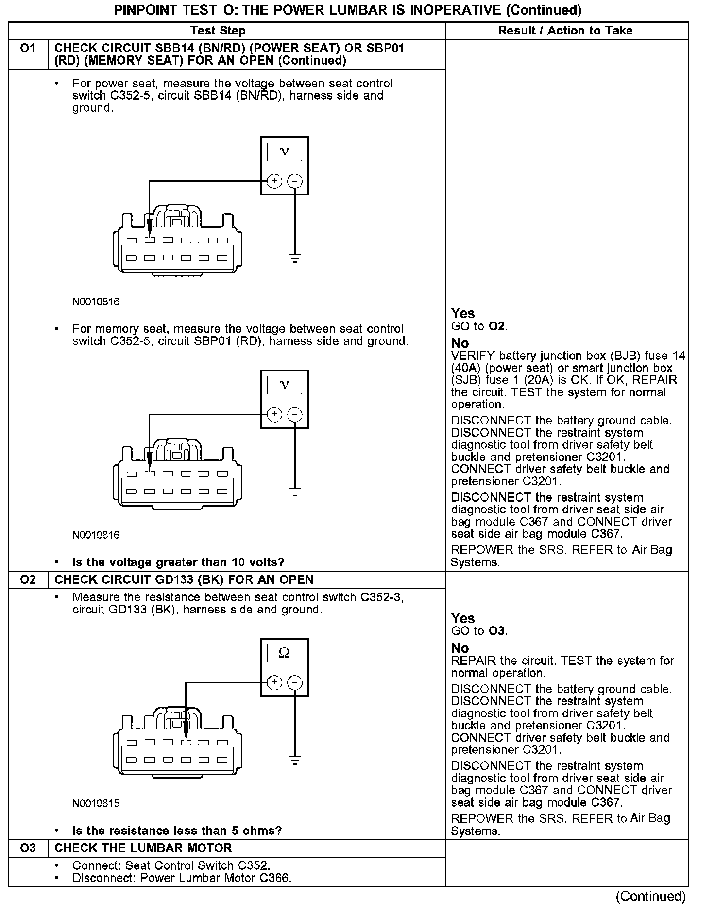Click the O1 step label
coord(28,49)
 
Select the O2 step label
coord(28,579)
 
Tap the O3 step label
coord(28,848)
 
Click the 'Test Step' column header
coord(218,31)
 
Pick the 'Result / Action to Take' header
coord(565,31)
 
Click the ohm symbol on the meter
coord(284,653)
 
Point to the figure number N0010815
coord(96,803)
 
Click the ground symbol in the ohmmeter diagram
coord(294,760)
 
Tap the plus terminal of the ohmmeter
coord(274,683)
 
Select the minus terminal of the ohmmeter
coord(294,683)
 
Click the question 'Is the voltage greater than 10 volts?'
coord(178,562)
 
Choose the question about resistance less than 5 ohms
coord(177,831)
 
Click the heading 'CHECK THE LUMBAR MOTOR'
coord(143,848)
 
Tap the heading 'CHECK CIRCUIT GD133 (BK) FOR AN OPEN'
coord(184,579)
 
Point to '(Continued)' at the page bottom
coord(650,896)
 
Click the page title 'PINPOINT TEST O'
coord(347,10)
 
